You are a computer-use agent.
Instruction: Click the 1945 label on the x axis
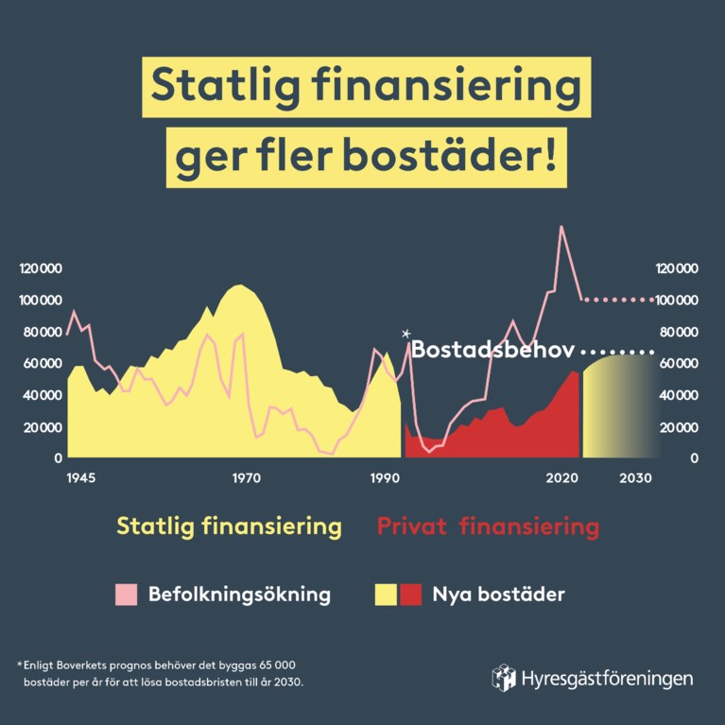click(81, 478)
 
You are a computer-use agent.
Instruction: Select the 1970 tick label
click(246, 478)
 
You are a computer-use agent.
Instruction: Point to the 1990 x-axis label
click(386, 478)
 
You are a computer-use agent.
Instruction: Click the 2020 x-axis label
click(561, 478)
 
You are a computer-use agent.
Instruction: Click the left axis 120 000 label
click(41, 268)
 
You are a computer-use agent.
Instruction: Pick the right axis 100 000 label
click(676, 301)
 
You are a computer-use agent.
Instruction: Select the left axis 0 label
click(59, 458)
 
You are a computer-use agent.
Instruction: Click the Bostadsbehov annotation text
click(493, 350)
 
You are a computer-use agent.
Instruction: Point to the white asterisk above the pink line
click(406, 334)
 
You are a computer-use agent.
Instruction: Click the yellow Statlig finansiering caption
click(229, 526)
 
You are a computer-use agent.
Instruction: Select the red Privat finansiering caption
click(488, 526)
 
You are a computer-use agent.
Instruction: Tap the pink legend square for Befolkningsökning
click(127, 595)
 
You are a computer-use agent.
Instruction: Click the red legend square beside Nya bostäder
click(410, 595)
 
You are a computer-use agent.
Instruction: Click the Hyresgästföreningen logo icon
click(504, 677)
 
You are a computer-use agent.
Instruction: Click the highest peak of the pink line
click(561, 227)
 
